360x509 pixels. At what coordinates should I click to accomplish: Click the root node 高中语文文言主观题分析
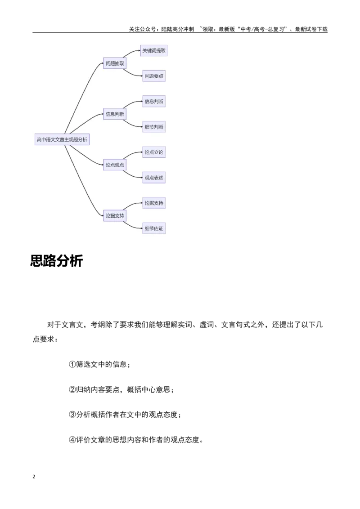click(x=62, y=139)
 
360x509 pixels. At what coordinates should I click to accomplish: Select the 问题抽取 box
click(x=115, y=63)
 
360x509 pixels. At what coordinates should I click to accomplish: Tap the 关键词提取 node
click(x=154, y=51)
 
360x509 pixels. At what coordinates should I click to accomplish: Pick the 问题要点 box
click(x=154, y=76)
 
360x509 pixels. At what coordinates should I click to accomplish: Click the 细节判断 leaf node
click(x=154, y=127)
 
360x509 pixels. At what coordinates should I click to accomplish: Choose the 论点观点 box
click(x=115, y=165)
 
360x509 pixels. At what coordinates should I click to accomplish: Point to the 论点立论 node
click(x=154, y=152)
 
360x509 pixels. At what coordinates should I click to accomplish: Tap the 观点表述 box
click(x=154, y=178)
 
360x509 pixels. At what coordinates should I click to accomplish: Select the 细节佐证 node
click(x=154, y=228)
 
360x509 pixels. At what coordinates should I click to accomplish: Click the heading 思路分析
click(x=57, y=261)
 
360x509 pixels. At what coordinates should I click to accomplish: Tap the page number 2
click(x=34, y=477)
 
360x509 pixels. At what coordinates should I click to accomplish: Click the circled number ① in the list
click(x=72, y=365)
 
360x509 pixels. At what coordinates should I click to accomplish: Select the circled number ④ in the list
click(x=72, y=440)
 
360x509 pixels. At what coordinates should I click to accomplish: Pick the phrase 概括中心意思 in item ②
click(x=148, y=389)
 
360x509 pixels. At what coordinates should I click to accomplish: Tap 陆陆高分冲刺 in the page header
click(x=177, y=29)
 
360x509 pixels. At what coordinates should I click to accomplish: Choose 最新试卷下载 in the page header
click(x=311, y=29)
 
